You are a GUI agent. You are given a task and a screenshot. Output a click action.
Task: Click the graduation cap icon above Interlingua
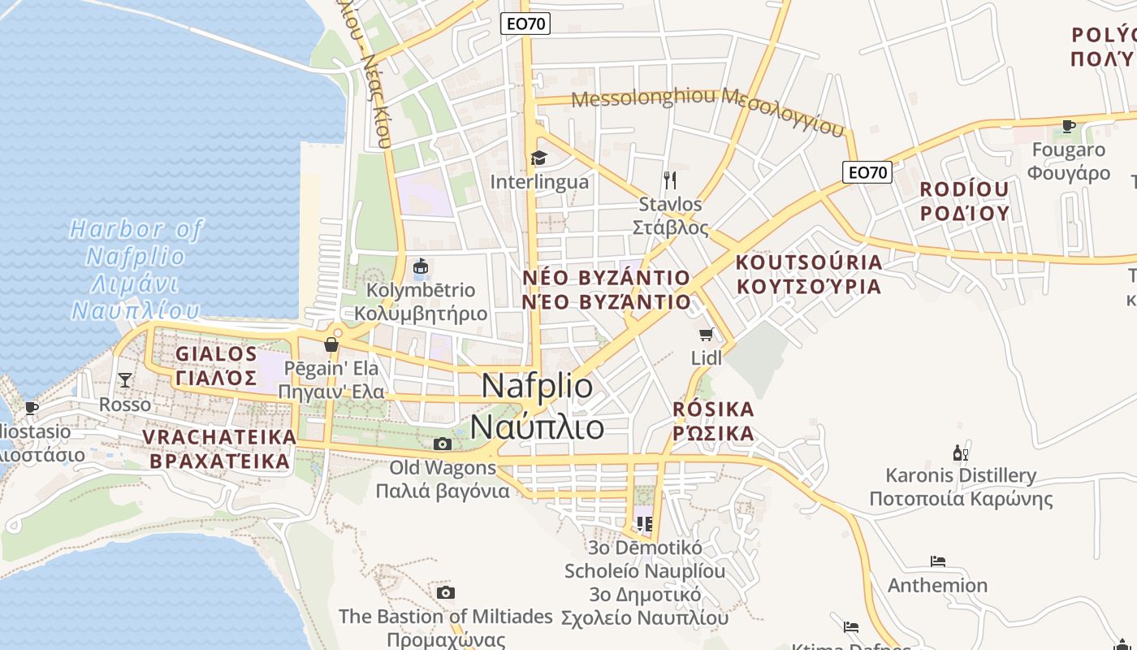(x=538, y=158)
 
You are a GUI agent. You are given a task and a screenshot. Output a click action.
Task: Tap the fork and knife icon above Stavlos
(x=670, y=180)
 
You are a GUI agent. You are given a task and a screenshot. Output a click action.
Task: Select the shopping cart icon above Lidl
(x=707, y=334)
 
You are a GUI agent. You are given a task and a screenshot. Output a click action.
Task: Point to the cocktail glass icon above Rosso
(x=125, y=379)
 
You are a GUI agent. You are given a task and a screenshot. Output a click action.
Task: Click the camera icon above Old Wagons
(x=443, y=444)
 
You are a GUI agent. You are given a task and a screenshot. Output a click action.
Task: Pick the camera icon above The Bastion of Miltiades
(x=445, y=592)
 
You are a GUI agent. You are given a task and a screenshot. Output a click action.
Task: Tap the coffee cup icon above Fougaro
(x=1069, y=126)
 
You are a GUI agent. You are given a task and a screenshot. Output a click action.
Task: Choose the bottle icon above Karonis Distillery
(x=961, y=453)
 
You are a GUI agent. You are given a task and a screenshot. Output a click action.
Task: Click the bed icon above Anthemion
(x=938, y=561)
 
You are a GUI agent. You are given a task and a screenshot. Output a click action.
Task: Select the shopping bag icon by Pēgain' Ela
(x=331, y=344)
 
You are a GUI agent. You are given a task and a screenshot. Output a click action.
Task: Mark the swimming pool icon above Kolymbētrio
(x=421, y=266)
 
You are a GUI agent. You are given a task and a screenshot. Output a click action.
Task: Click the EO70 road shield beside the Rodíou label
(x=867, y=172)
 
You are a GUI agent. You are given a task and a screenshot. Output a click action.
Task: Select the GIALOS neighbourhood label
(x=217, y=366)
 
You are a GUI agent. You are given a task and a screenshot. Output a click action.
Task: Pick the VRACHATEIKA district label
(x=219, y=448)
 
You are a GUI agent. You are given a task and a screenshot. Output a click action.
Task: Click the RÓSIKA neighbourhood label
(x=714, y=421)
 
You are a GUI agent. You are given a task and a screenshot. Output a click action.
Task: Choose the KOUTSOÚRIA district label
(x=809, y=274)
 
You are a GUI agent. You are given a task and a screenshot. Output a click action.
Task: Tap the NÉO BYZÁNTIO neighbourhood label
(x=607, y=289)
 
